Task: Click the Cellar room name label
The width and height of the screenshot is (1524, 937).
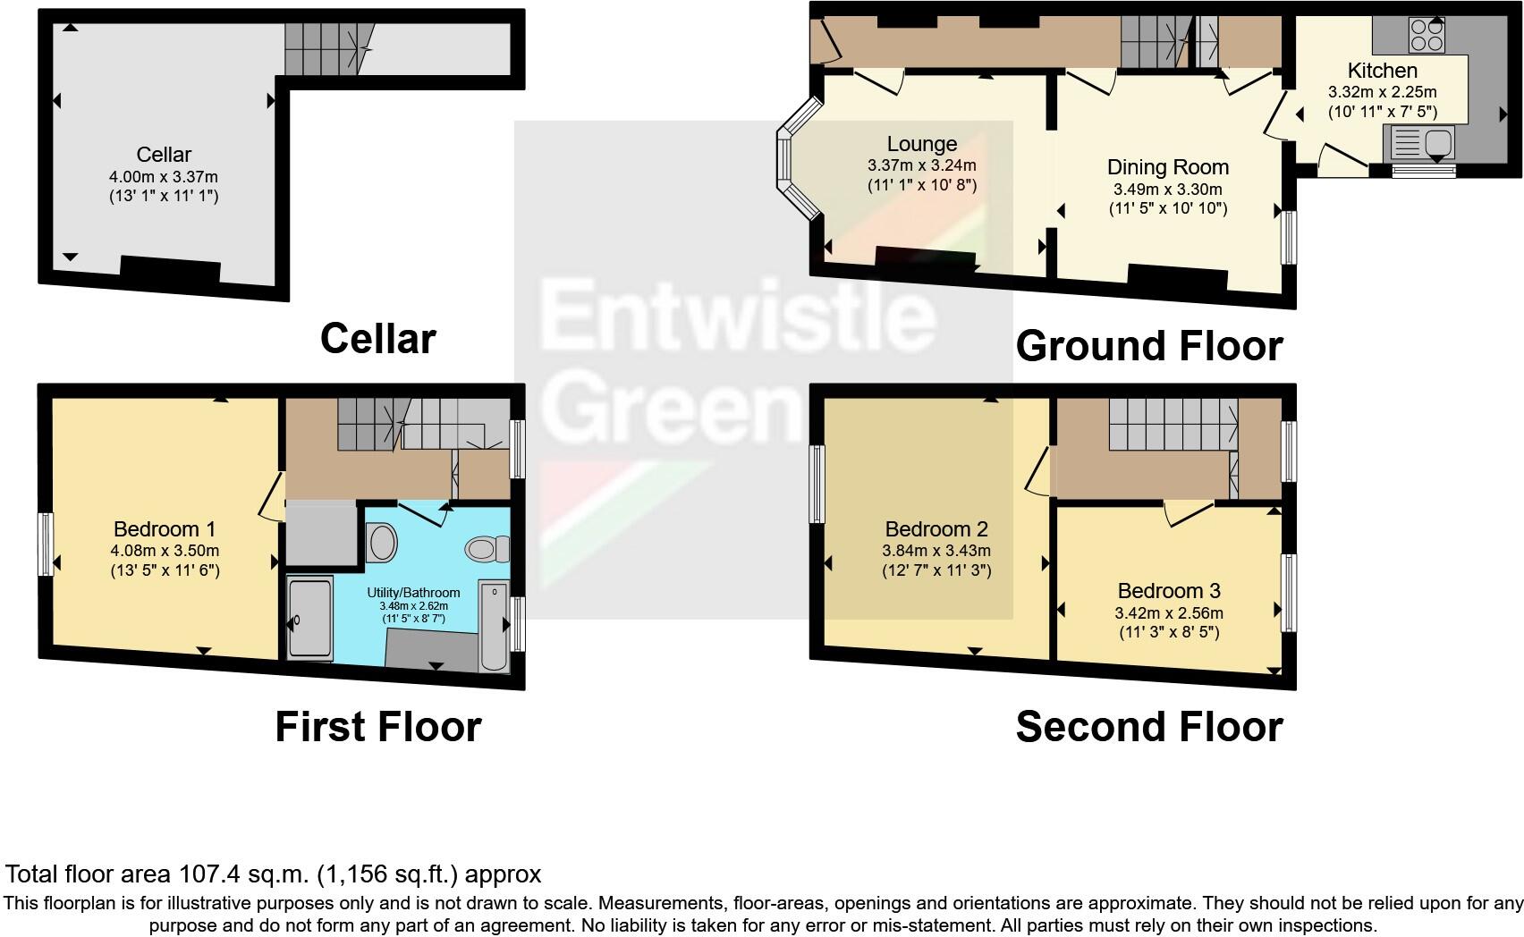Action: (164, 155)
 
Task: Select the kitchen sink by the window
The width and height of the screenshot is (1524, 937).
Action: (1419, 142)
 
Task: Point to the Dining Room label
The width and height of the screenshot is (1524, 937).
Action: (1167, 167)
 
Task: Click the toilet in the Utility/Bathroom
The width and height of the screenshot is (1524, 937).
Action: (488, 547)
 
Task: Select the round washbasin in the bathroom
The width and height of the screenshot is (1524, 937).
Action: (383, 543)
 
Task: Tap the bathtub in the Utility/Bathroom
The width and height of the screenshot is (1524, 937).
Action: (494, 625)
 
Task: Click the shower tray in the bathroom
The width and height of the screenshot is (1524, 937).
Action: (309, 617)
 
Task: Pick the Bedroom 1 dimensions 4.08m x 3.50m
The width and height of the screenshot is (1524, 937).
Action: (165, 551)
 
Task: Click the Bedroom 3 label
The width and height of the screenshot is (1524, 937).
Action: (1168, 591)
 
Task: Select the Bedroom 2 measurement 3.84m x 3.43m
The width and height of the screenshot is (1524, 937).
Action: (936, 551)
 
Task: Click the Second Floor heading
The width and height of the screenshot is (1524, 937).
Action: (1148, 727)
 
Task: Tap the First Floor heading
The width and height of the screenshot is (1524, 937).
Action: (377, 727)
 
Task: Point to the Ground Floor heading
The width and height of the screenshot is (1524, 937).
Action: (1148, 346)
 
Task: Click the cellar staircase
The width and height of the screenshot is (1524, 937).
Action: (326, 48)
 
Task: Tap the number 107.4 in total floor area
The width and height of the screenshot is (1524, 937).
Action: (211, 874)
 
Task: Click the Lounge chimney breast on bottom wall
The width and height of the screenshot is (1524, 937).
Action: (924, 257)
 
